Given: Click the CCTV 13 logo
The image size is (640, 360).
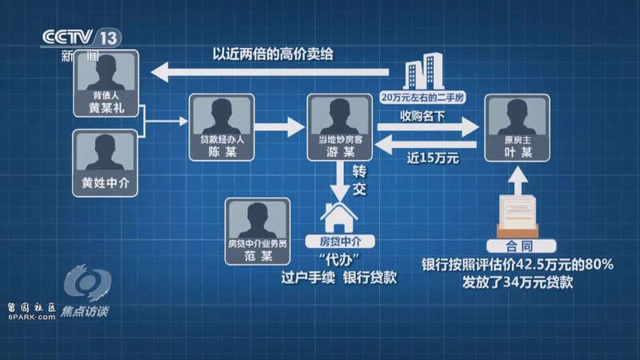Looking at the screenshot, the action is click(82, 38).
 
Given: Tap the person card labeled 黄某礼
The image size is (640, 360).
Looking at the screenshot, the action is click(106, 84).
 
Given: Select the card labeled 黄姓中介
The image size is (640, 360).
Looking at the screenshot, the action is click(106, 163).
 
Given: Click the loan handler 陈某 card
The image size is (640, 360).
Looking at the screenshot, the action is click(222, 127).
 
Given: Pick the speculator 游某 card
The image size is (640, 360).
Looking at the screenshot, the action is click(339, 127).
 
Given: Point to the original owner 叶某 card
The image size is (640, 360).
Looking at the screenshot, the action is click(517, 128).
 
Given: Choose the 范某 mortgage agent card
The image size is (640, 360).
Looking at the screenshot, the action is click(258, 231).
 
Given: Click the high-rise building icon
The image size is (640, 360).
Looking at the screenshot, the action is click(423, 71).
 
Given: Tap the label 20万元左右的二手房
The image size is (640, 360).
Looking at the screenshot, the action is click(422, 98).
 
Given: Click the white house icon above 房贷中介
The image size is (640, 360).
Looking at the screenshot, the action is click(338, 217).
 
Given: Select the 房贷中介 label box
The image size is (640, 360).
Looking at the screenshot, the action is click(340, 242).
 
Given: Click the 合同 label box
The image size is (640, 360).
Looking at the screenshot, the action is click(521, 246).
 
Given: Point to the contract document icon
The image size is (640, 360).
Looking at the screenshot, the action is click(518, 216).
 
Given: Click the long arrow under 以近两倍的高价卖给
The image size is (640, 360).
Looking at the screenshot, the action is click(270, 72).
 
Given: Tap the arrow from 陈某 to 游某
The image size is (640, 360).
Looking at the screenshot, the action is click(279, 127).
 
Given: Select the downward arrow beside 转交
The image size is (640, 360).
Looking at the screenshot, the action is click(339, 182).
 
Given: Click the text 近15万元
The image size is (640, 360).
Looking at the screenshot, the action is click(433, 158).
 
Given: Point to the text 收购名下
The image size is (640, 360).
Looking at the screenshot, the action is click(422, 116).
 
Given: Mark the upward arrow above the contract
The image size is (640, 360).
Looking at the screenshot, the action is click(518, 181).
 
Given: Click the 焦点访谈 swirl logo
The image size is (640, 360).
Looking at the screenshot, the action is click(87, 282).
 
